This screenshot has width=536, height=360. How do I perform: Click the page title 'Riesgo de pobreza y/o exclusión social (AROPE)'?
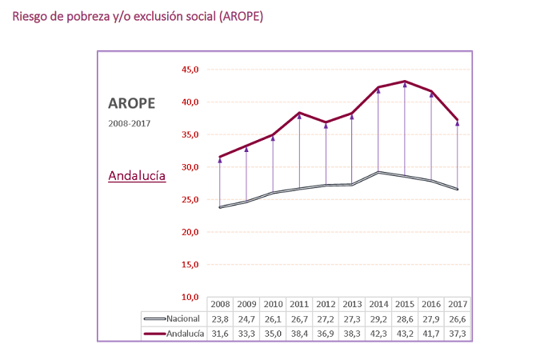(x=138, y=16)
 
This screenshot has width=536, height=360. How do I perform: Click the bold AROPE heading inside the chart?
(x=131, y=103)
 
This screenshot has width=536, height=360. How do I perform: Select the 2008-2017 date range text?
(x=129, y=123)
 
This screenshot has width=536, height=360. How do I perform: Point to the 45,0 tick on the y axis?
(x=190, y=70)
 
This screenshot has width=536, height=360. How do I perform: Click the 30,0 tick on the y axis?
(x=190, y=167)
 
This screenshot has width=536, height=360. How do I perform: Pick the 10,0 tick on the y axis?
(x=190, y=297)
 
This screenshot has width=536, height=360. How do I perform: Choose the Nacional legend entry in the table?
(x=173, y=318)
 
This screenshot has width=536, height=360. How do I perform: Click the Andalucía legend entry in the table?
(x=173, y=333)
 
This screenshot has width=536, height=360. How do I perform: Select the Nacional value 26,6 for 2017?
(x=457, y=318)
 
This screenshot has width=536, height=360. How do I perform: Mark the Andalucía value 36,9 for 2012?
(x=325, y=333)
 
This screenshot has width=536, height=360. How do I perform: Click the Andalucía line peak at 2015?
(x=405, y=82)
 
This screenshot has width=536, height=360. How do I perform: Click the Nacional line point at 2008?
(x=220, y=207)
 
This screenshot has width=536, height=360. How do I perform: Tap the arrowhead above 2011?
(x=299, y=116)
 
